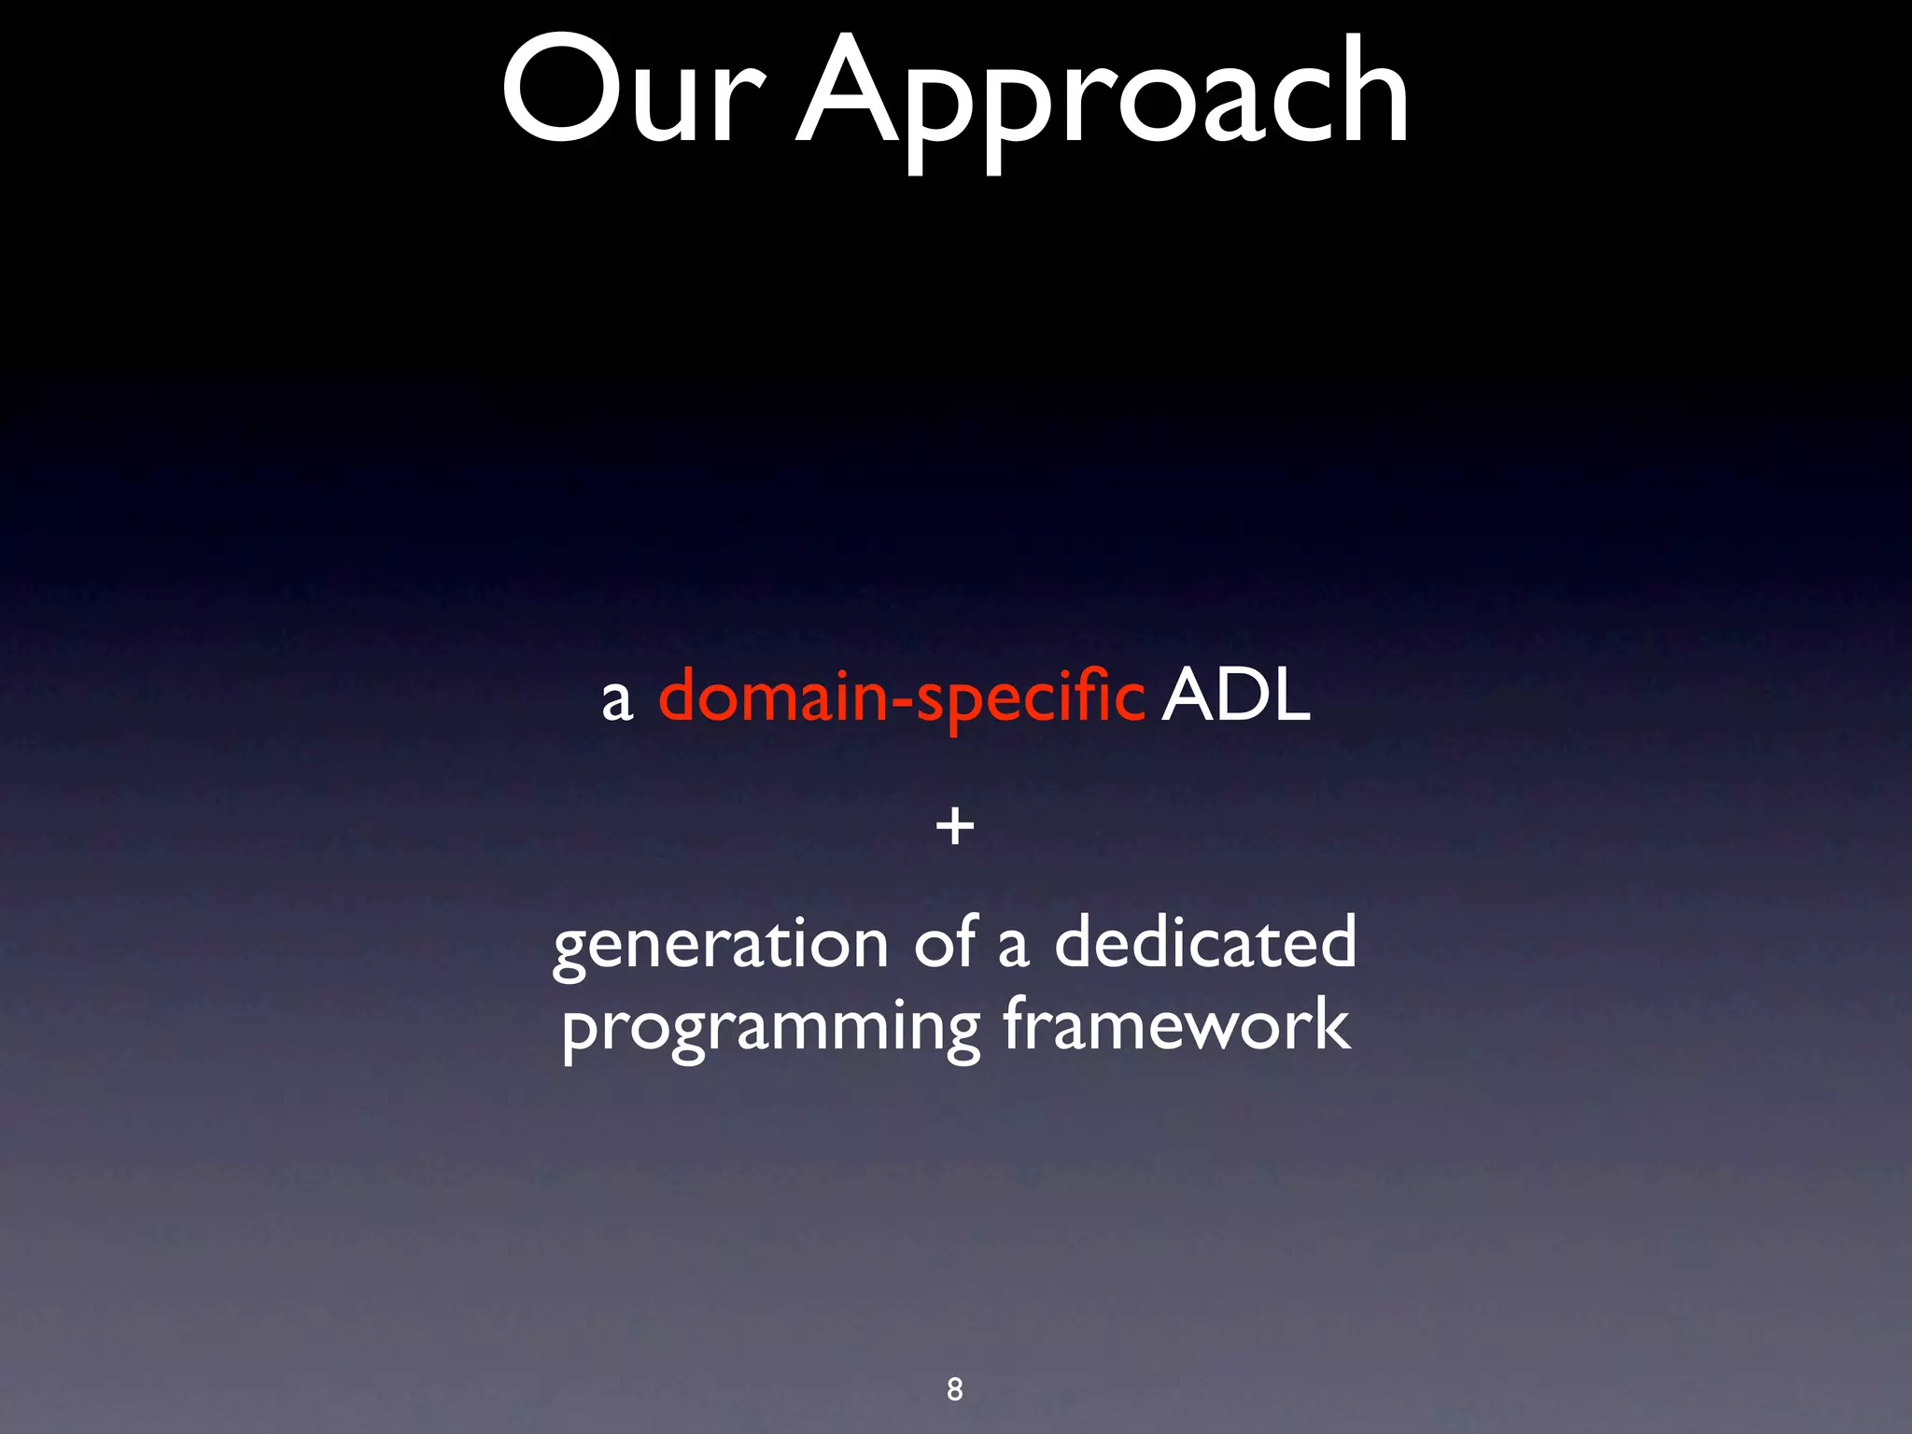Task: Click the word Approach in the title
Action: pos(1102,98)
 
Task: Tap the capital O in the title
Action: pos(556,91)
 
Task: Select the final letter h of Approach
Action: pos(1368,91)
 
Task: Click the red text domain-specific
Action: pos(901,698)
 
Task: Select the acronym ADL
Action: pos(1235,696)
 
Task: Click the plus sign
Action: pos(955,827)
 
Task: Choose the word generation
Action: pos(720,945)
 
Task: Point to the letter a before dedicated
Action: pos(1013,947)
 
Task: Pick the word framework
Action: pos(1176,1023)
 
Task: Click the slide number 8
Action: pos(954,1389)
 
